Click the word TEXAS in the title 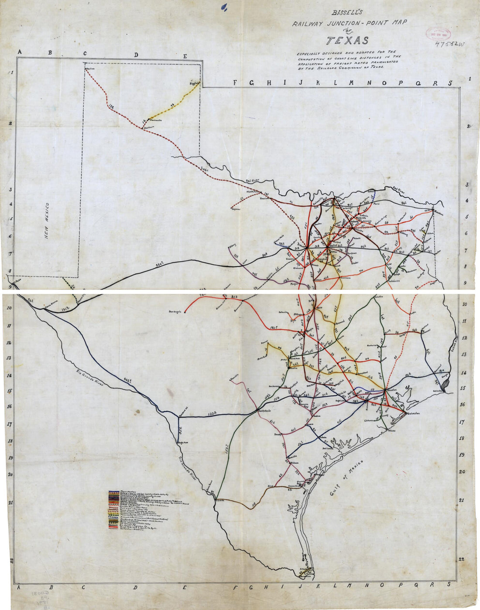coord(348,41)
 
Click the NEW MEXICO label coord(48,220)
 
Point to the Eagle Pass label coord(182,442)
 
